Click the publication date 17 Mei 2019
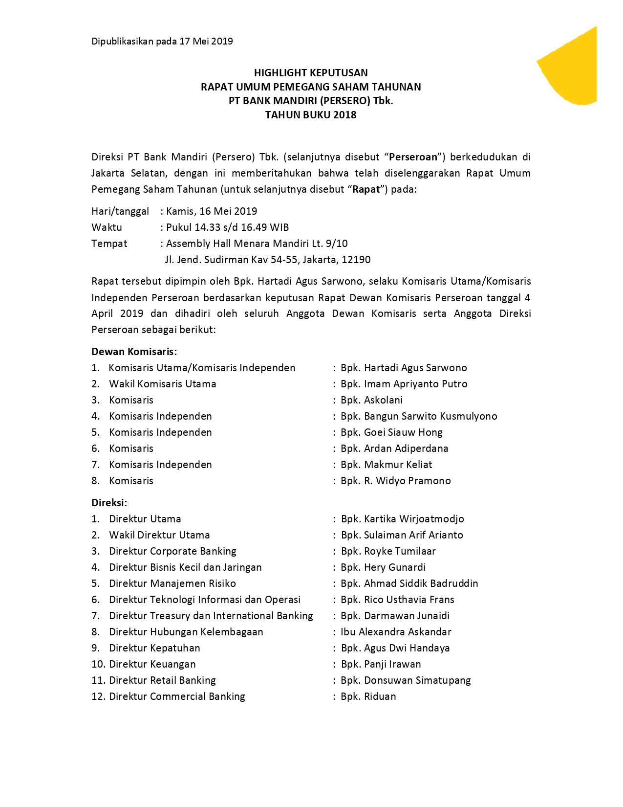pyautogui.click(x=206, y=41)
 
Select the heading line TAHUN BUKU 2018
pyautogui.click(x=311, y=115)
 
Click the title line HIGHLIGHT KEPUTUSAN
pyautogui.click(x=311, y=73)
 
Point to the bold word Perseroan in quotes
pyautogui.click(x=413, y=157)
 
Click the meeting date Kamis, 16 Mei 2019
pyautogui.click(x=212, y=211)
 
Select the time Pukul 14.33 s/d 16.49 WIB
pyautogui.click(x=227, y=227)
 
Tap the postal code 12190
pyautogui.click(x=356, y=260)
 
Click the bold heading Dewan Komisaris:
pyautogui.click(x=134, y=352)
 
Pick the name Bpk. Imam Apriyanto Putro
pyautogui.click(x=404, y=384)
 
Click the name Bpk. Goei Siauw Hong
pyautogui.click(x=391, y=432)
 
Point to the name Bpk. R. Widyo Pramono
pyautogui.click(x=395, y=481)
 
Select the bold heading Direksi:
pyautogui.click(x=109, y=503)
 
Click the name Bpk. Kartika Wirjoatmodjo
pyautogui.click(x=402, y=519)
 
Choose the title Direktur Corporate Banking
pyautogui.click(x=172, y=551)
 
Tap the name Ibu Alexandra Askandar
pyautogui.click(x=396, y=632)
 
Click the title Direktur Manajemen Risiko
pyautogui.click(x=172, y=583)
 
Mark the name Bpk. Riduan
pyautogui.click(x=368, y=696)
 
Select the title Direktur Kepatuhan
pyautogui.click(x=154, y=648)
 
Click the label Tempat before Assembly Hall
pyautogui.click(x=109, y=244)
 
